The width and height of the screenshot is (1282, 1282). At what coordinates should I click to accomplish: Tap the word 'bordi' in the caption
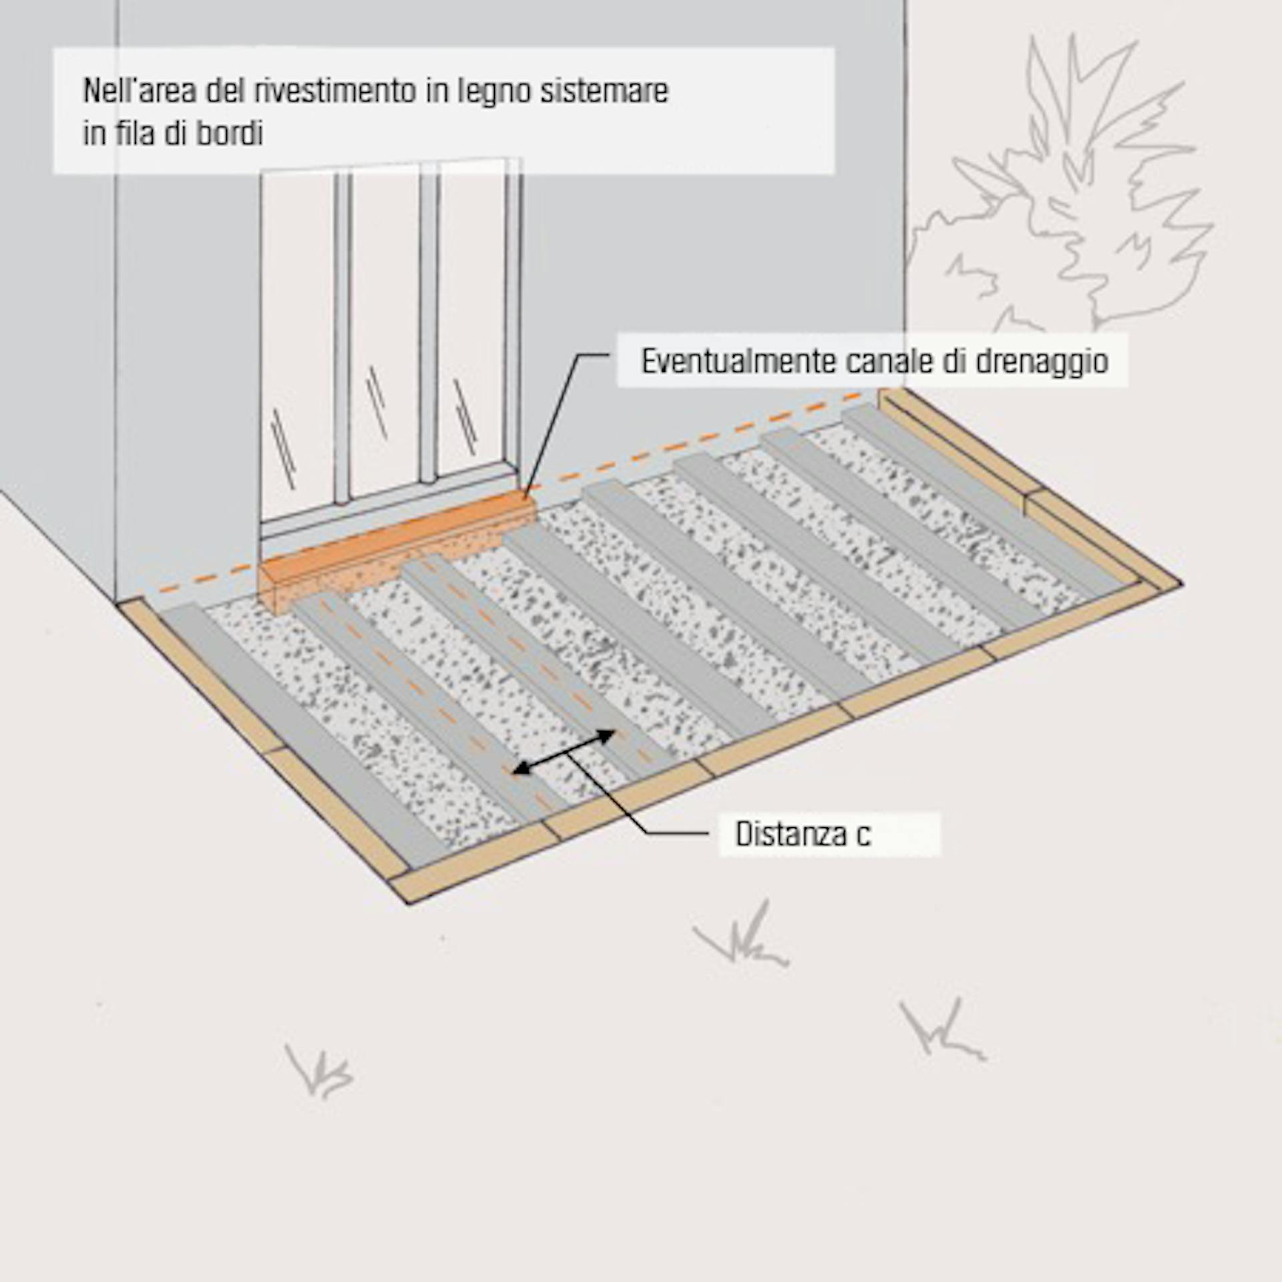point(228,134)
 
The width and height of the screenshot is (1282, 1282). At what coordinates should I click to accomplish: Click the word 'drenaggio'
point(1042,361)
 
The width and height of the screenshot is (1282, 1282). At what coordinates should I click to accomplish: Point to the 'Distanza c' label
point(803,834)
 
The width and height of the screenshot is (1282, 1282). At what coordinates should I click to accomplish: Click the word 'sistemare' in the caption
point(604,91)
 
